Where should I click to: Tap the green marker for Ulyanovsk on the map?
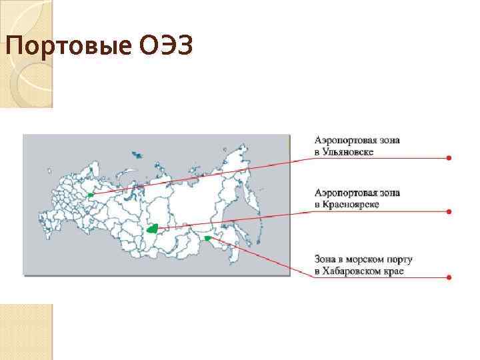(90, 195)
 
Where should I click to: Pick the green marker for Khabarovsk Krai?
(208, 237)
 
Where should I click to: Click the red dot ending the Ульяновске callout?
(449, 158)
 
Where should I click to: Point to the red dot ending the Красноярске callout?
(449, 212)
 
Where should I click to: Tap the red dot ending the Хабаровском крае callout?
(449, 277)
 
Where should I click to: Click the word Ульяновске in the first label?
(350, 153)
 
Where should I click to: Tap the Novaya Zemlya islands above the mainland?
(137, 155)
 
